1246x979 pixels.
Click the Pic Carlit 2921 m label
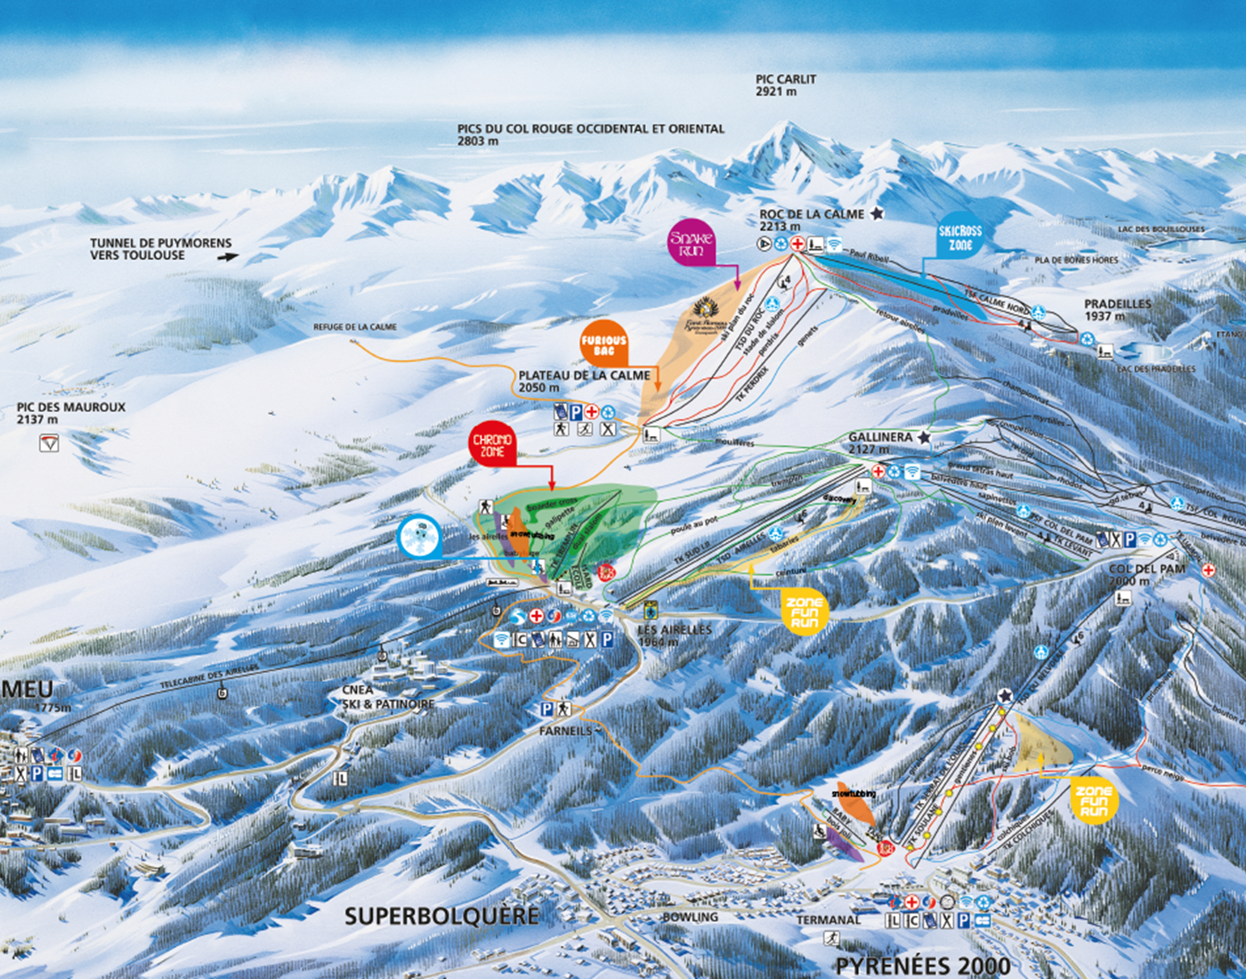(x=785, y=85)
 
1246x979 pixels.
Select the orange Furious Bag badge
(x=603, y=344)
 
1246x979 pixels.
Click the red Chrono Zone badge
(x=492, y=445)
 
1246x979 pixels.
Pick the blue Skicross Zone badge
(x=959, y=238)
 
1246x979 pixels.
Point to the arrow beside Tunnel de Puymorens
(x=229, y=256)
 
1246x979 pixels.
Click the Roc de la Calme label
(x=811, y=214)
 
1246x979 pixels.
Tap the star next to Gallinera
(x=924, y=438)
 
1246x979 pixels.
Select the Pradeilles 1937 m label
(x=1117, y=310)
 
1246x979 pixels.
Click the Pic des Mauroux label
(x=70, y=413)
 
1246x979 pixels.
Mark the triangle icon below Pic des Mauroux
(x=49, y=443)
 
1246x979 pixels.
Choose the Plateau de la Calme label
(x=584, y=381)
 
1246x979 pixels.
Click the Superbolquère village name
(x=441, y=916)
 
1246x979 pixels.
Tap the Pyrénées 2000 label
(x=922, y=966)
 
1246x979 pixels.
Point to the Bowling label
(x=690, y=917)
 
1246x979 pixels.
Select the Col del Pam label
(x=1146, y=574)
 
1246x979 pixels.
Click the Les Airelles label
(x=674, y=635)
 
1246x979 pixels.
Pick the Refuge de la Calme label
(x=354, y=328)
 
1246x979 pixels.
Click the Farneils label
(x=565, y=731)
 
